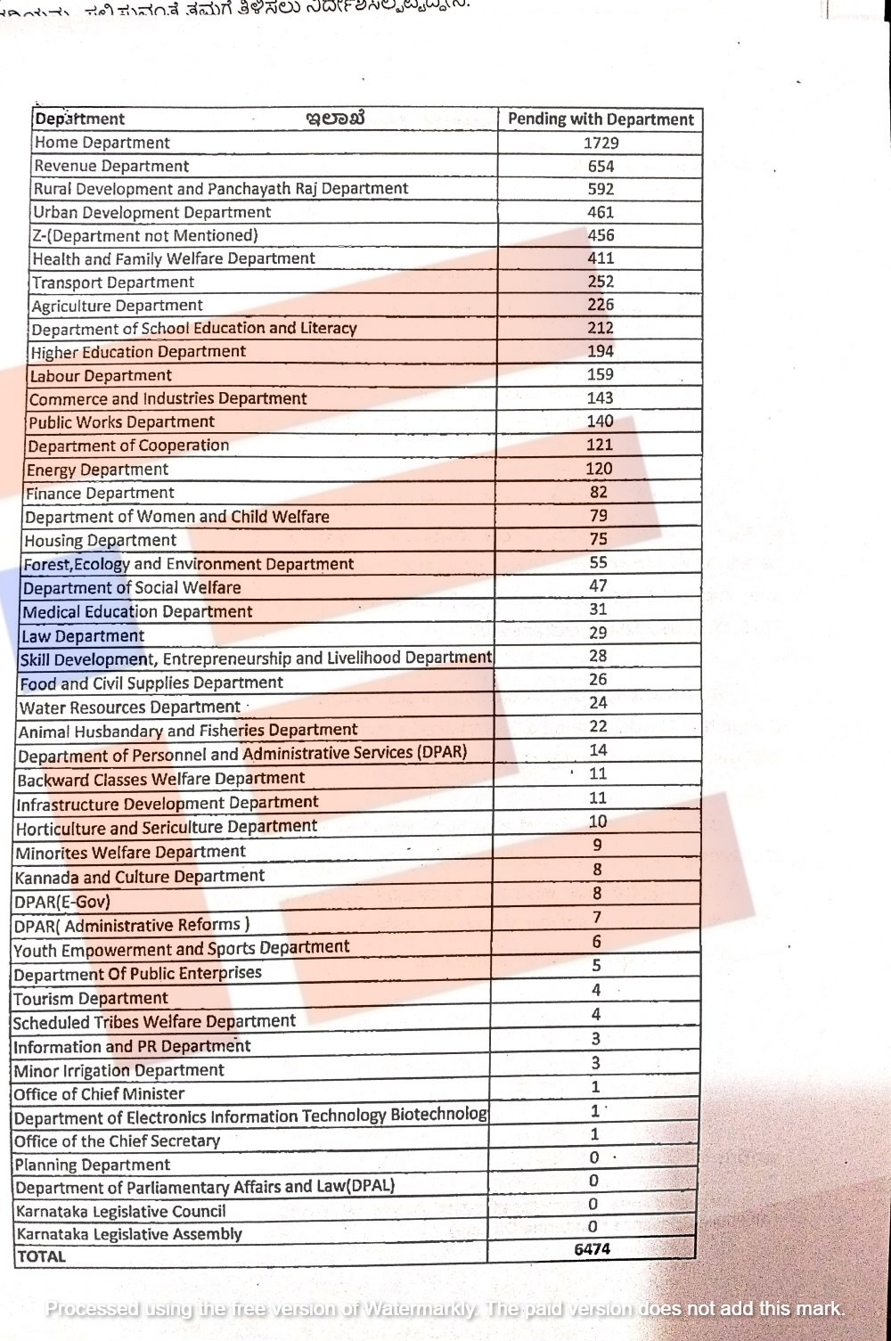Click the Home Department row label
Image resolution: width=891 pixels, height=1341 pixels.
[102, 143]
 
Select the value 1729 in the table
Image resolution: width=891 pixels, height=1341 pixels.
[601, 143]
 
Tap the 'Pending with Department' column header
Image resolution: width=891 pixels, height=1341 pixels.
[601, 119]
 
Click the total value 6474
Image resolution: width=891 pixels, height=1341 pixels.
[593, 1249]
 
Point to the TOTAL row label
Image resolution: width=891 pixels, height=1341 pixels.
[42, 1256]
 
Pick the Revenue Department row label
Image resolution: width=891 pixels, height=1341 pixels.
[111, 166]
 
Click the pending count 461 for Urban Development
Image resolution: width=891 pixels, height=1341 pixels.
[601, 212]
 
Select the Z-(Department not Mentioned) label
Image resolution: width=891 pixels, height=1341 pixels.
[145, 235]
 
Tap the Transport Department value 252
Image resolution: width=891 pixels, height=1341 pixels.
[601, 282]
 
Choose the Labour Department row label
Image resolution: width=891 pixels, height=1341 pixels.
[101, 375]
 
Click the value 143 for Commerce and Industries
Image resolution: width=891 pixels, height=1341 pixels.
[600, 398]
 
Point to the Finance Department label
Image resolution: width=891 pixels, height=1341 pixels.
[100, 493]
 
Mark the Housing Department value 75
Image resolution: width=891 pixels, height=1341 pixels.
[599, 539]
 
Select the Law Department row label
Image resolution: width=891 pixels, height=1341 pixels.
[82, 635]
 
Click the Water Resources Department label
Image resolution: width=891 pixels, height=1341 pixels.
[130, 707]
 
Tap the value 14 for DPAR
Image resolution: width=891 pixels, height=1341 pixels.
[598, 750]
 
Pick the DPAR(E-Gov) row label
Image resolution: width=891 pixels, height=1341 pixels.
[62, 901]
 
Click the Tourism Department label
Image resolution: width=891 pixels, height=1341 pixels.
[91, 998]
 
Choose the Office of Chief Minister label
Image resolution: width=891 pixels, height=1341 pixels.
[99, 1094]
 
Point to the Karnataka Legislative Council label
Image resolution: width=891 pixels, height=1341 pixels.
[121, 1211]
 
